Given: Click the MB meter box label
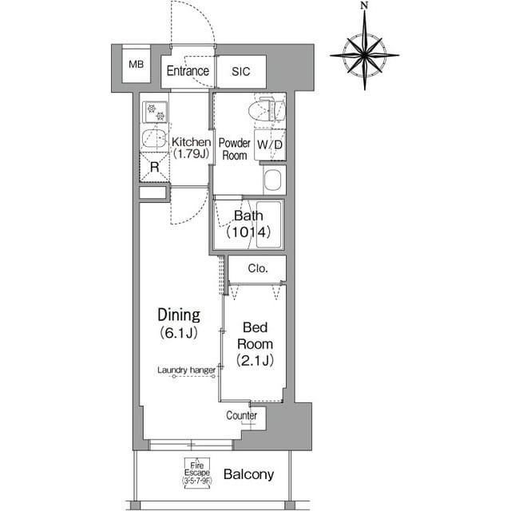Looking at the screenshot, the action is pyautogui.click(x=137, y=64).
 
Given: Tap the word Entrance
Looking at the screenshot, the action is pyautogui.click(x=188, y=71).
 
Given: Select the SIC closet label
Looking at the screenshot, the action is pyautogui.click(x=241, y=71).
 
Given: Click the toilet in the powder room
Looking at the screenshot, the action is pyautogui.click(x=267, y=109).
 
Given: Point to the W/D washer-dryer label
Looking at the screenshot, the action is pyautogui.click(x=270, y=145).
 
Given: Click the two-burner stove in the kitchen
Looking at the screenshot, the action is pyautogui.click(x=155, y=112).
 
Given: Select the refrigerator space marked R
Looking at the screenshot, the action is pyautogui.click(x=154, y=167).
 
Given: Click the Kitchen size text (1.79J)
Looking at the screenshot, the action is pyautogui.click(x=191, y=153).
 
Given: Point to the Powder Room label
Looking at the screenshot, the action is pyautogui.click(x=234, y=149).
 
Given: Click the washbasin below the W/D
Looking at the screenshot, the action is pyautogui.click(x=273, y=180).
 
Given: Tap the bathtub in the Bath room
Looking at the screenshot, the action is pyautogui.click(x=269, y=224).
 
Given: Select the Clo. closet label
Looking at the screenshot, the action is pyautogui.click(x=258, y=268).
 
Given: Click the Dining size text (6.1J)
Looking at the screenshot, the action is pyautogui.click(x=179, y=333).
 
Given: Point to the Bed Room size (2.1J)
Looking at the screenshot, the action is pyautogui.click(x=255, y=360).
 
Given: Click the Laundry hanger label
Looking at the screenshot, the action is pyautogui.click(x=186, y=370).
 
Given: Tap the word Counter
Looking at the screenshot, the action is pyautogui.click(x=241, y=415).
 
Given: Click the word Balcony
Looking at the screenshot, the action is pyautogui.click(x=248, y=474).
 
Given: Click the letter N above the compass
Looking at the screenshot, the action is pyautogui.click(x=364, y=6).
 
